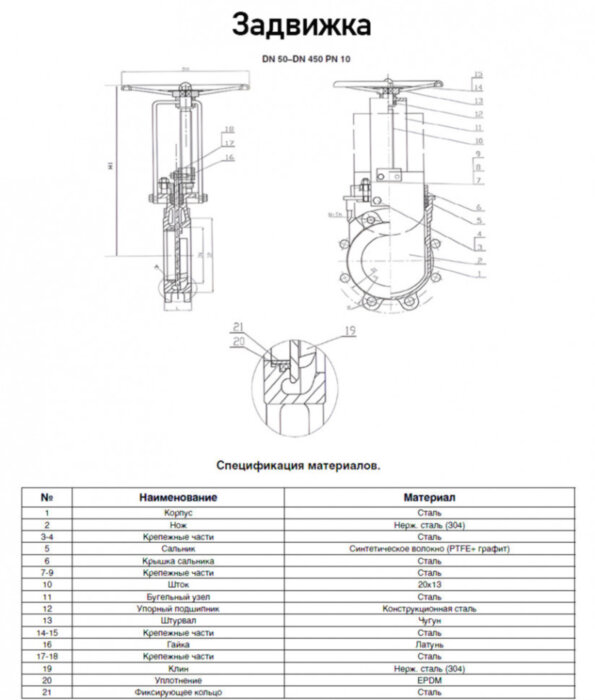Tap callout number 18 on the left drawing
(229, 130)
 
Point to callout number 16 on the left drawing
(229, 157)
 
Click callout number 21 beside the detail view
(237, 327)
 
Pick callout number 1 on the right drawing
(479, 272)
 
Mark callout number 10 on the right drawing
(479, 140)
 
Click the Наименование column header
(179, 497)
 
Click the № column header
(47, 497)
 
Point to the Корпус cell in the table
(179, 512)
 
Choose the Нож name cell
(179, 524)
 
